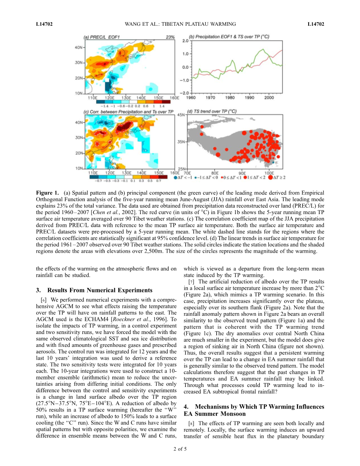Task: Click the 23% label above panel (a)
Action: point(170,37)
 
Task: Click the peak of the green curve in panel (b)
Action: point(262,49)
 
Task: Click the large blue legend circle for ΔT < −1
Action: point(175,177)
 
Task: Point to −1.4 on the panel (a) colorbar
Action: point(99,106)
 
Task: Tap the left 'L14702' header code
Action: point(44,24)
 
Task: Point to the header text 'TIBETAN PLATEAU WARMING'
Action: point(202,24)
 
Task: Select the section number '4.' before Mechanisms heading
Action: point(186,407)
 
